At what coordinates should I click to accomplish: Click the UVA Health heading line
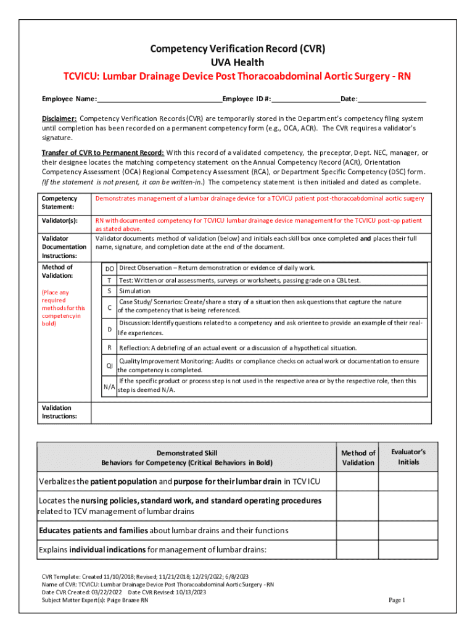tap(238, 62)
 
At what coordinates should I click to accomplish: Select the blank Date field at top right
tap(392, 99)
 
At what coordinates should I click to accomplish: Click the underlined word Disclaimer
tap(59, 118)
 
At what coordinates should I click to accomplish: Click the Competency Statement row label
tap(59, 202)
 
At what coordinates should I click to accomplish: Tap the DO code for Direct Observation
tap(109, 268)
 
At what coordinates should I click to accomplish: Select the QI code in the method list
tap(109, 365)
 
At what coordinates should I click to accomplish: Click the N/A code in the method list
tap(109, 386)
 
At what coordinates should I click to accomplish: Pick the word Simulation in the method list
tap(134, 291)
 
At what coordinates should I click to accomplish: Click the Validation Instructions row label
tap(57, 412)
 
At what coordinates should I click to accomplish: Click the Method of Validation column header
tap(358, 457)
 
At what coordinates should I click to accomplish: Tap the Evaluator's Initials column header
tap(408, 457)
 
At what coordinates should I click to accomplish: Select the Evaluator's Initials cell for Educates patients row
tap(408, 531)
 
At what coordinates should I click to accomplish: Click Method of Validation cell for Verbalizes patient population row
tap(358, 481)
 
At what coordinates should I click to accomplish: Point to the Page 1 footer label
tap(396, 600)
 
